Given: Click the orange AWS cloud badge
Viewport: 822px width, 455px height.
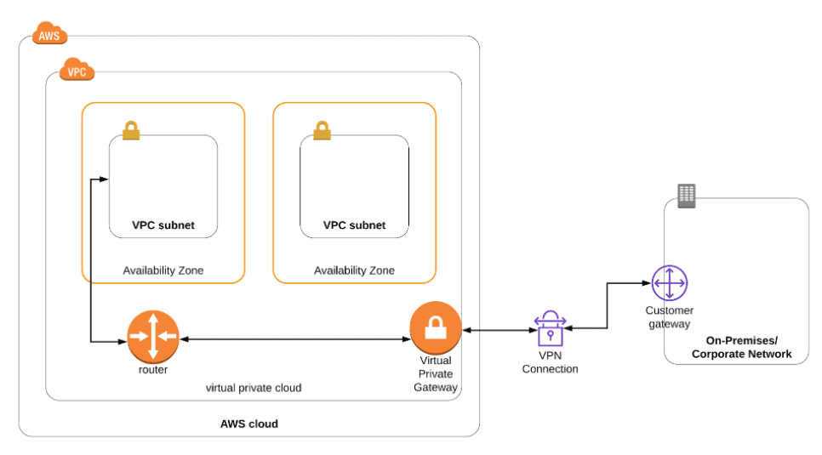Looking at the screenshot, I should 49,36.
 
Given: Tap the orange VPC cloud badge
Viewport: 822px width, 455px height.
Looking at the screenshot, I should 77,71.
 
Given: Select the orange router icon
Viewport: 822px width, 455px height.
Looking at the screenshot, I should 153,337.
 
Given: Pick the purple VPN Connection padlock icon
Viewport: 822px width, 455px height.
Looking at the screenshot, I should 549,328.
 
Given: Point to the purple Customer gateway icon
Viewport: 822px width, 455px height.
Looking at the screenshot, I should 669,282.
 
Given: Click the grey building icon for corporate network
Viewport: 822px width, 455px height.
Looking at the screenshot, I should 686,196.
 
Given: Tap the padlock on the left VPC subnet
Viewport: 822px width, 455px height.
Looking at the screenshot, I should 130,130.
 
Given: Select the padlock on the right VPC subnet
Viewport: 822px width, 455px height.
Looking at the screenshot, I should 322,130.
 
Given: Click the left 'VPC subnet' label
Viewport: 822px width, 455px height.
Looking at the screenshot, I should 163,225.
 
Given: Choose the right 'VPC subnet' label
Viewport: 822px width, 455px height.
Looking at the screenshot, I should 354,225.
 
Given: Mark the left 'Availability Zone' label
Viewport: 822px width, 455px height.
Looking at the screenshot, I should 163,270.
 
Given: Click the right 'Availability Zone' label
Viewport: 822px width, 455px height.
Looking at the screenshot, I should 354,270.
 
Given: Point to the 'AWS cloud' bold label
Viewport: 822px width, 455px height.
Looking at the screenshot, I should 248,424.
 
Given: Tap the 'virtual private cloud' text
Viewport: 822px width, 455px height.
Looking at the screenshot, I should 254,388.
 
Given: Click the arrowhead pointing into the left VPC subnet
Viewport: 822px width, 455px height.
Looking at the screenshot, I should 104,179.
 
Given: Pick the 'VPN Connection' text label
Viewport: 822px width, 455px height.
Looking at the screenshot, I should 550,363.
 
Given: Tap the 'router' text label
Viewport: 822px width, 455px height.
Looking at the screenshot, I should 153,370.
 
